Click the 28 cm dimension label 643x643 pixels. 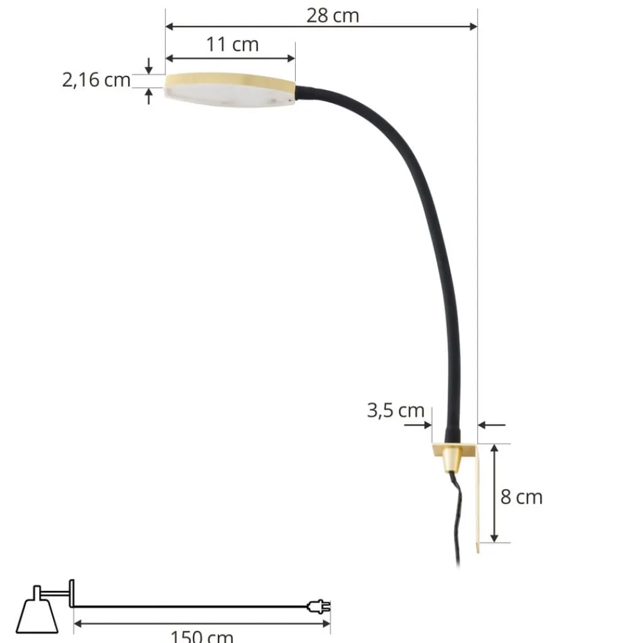[x=332, y=15]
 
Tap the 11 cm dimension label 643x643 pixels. [x=232, y=45]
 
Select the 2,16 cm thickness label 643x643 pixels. [x=96, y=80]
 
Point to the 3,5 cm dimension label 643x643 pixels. [x=395, y=410]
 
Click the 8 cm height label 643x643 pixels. [x=521, y=497]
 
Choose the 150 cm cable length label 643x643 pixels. [x=201, y=637]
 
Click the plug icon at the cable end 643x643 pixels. [x=320, y=606]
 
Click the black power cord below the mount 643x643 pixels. [x=459, y=514]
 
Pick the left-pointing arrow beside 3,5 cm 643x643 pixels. [x=484, y=425]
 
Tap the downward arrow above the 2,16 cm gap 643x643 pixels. [x=149, y=68]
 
